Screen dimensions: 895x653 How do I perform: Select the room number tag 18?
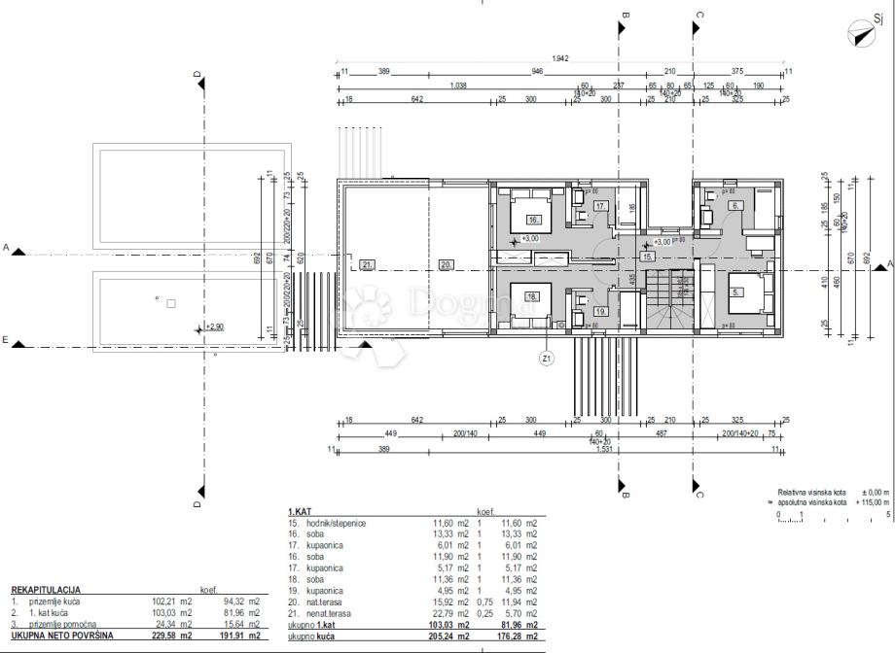click(532, 296)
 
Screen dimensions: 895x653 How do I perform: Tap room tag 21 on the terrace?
click(367, 264)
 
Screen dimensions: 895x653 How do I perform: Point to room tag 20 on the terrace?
click(446, 264)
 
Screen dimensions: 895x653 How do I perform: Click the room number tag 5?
click(736, 291)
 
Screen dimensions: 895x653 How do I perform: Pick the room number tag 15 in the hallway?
click(647, 257)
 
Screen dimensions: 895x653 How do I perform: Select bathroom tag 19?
click(600, 311)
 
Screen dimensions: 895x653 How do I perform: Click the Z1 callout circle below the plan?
click(547, 358)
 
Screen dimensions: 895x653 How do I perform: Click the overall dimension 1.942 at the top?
click(559, 59)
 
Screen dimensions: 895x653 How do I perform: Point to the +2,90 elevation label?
click(214, 328)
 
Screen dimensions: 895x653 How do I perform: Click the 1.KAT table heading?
click(300, 511)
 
